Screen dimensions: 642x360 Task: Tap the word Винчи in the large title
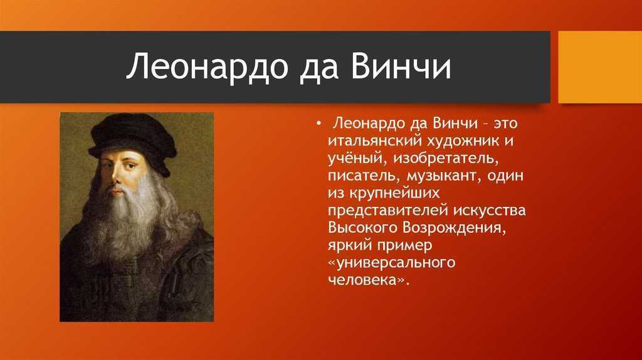point(400,65)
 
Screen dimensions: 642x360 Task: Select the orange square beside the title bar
point(600,66)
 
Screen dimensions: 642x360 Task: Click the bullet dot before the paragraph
point(318,124)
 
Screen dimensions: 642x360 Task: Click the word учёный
point(355,159)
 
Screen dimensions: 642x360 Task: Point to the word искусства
point(489,211)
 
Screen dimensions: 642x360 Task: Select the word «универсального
point(392,263)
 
